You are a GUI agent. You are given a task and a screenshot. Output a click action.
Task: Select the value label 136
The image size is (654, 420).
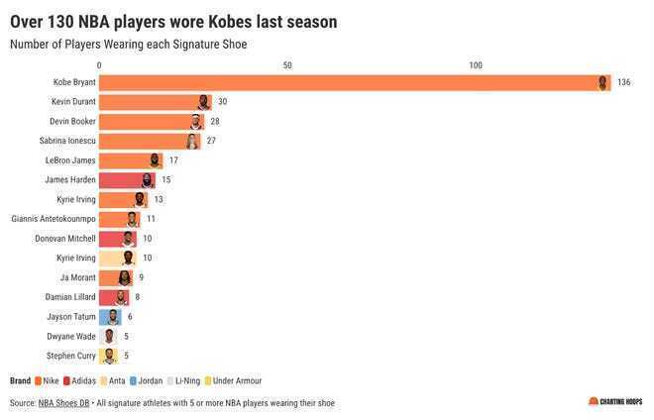pyautogui.click(x=623, y=82)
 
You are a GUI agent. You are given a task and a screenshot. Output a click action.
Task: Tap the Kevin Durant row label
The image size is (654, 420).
pyautogui.click(x=73, y=102)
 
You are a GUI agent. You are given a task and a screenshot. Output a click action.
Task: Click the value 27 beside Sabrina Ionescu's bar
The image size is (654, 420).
pyautogui.click(x=211, y=141)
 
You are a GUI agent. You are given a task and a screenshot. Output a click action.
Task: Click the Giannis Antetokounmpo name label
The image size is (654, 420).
pyautogui.click(x=54, y=219)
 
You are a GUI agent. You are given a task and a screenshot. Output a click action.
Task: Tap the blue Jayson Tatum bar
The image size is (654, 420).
pyautogui.click(x=109, y=317)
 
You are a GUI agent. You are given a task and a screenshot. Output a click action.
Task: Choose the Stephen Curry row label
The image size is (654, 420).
pyautogui.click(x=71, y=356)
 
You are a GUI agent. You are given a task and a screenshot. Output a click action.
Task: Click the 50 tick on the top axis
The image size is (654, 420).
pyautogui.click(x=287, y=65)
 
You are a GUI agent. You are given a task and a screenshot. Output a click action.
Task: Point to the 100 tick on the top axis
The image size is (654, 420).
pyautogui.click(x=476, y=65)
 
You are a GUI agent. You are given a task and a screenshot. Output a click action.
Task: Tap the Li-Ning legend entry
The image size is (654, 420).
pyautogui.click(x=184, y=380)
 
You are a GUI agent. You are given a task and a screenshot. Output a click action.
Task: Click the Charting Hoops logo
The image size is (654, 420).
pyautogui.click(x=614, y=401)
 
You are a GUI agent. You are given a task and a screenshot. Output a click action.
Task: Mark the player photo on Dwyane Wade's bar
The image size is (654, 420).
pyautogui.click(x=109, y=337)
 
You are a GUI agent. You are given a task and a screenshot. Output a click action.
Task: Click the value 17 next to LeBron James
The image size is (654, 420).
pyautogui.click(x=173, y=160)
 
